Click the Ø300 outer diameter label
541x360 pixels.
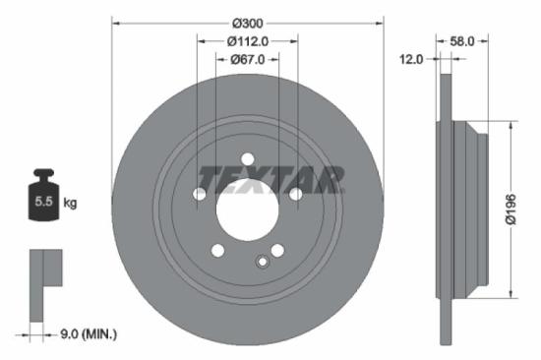click(247, 21)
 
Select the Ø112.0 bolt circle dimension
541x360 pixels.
click(247, 41)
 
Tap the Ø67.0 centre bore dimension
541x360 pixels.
click(247, 61)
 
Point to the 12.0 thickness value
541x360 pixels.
click(412, 59)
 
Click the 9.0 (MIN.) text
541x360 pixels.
click(87, 334)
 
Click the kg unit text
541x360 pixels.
click(70, 203)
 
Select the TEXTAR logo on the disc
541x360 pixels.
click(271, 179)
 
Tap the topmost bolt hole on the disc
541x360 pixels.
click(247, 159)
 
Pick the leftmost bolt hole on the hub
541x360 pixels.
click(200, 194)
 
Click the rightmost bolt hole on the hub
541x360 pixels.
click(295, 194)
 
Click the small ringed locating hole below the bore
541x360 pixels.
click(262, 261)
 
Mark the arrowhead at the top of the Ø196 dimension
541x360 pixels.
click(510, 127)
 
